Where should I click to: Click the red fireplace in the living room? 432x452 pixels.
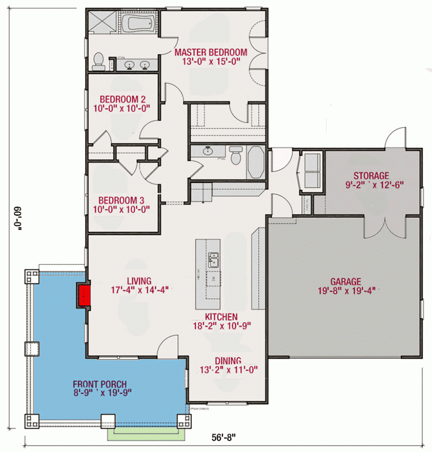(x=85, y=296)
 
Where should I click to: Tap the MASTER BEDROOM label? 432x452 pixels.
(x=211, y=52)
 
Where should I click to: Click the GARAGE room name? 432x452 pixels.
(x=346, y=282)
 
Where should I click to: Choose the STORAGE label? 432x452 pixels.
(x=371, y=175)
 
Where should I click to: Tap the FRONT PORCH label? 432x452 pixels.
(x=100, y=384)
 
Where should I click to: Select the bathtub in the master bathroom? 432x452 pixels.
(x=138, y=26)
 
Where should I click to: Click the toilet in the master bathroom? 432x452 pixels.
(x=99, y=61)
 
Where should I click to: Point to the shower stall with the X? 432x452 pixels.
(x=102, y=25)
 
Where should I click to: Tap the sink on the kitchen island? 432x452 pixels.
(x=213, y=260)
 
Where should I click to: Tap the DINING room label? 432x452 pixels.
(x=228, y=361)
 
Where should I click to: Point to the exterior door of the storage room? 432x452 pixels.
(x=396, y=138)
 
